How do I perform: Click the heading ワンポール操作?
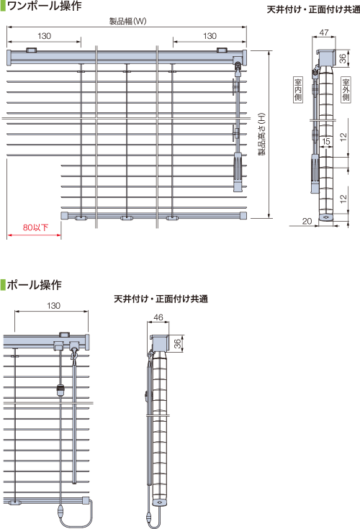(x=44, y=6)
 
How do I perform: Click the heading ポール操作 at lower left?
(x=34, y=285)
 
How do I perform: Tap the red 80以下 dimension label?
(x=35, y=227)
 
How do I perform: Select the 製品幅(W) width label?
(x=127, y=22)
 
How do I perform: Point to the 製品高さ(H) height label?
(x=262, y=134)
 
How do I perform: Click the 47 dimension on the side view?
(x=324, y=32)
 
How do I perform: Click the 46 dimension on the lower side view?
(x=158, y=317)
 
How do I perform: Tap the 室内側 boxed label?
(x=298, y=89)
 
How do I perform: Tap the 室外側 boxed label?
(x=346, y=89)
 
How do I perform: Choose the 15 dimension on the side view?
(x=326, y=141)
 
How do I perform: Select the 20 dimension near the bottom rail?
(x=307, y=221)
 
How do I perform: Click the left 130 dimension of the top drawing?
(x=44, y=36)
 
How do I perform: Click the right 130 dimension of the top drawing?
(x=210, y=36)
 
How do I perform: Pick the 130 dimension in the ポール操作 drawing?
(x=54, y=306)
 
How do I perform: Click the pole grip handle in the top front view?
(x=238, y=172)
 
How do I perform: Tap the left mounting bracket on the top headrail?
(x=32, y=50)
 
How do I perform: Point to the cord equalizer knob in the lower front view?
(x=60, y=390)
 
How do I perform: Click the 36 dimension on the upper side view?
(x=343, y=58)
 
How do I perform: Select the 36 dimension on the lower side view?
(x=177, y=344)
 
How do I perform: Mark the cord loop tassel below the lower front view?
(x=60, y=512)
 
